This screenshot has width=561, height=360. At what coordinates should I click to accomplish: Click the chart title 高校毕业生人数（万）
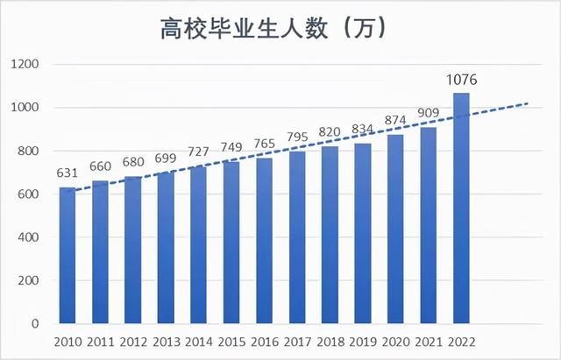pyautogui.click(x=273, y=29)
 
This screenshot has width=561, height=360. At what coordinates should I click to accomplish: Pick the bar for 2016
pyautogui.click(x=265, y=241)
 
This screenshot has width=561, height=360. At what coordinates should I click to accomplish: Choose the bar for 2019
pyautogui.click(x=363, y=234)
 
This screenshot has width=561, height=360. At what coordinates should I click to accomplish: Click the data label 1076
pyautogui.click(x=463, y=81)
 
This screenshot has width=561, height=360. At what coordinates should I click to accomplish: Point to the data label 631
pyautogui.click(x=67, y=173)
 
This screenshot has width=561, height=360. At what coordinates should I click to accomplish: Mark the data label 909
pyautogui.click(x=429, y=113)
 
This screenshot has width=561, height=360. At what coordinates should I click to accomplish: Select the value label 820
pyautogui.click(x=330, y=132)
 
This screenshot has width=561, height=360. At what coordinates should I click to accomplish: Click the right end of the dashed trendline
pyautogui.click(x=528, y=103)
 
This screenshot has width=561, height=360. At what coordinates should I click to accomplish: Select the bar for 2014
pyautogui.click(x=199, y=245)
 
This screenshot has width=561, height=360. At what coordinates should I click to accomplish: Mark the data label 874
pyautogui.click(x=396, y=121)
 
